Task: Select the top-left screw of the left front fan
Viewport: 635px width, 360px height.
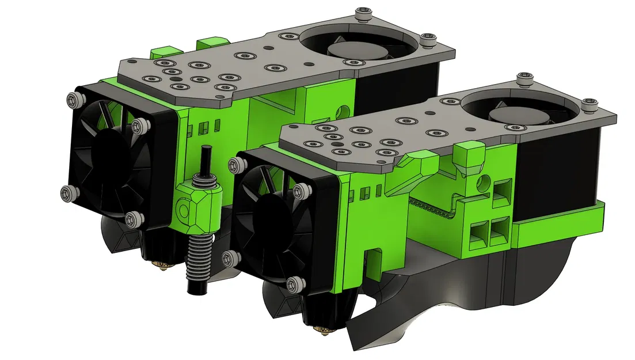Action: point(73,99)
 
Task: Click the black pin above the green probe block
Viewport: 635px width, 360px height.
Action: point(205,158)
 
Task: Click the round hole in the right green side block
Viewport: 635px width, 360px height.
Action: point(482,182)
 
